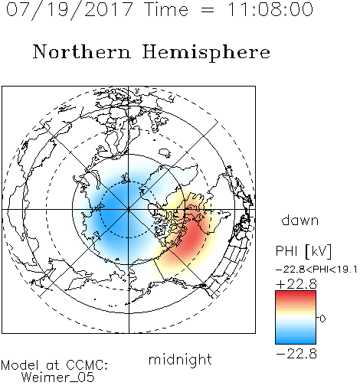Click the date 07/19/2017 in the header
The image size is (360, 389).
pos(70,10)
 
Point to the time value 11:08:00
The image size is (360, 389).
pos(270,10)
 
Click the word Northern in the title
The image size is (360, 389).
pos(82,51)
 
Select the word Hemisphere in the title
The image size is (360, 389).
pos(206,53)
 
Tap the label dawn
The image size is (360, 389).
pos(300,220)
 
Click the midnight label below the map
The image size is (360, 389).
pos(180,359)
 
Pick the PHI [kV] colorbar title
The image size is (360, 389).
pos(303,251)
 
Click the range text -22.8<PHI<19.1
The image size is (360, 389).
pos(316,270)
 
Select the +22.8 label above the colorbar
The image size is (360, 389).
pos(296,284)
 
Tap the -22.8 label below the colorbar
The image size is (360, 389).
pos(296,354)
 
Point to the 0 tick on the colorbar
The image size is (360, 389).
pos(322,319)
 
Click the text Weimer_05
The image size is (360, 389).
pos(58,378)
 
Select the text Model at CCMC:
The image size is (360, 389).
pos(54,365)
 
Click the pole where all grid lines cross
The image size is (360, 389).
pos(129,209)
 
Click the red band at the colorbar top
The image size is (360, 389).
pos(296,293)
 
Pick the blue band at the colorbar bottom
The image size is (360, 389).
pos(296,342)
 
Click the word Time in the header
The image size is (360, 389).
pos(166,10)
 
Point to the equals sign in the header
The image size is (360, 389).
pos(208,10)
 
